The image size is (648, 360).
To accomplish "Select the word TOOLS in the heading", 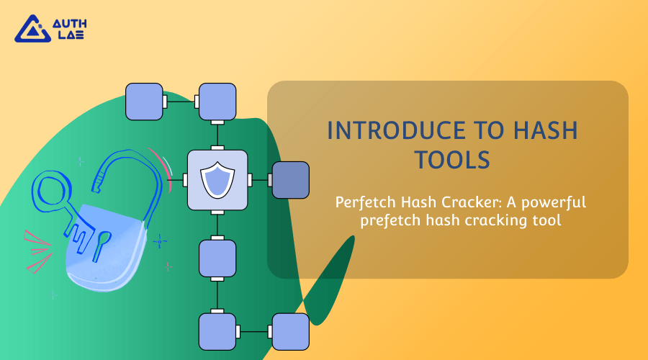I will (447, 160).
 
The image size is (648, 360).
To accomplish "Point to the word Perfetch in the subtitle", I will (363, 202).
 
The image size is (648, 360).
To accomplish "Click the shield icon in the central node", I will (217, 180).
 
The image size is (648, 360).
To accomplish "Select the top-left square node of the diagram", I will (144, 102).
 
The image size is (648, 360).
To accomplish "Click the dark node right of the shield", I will (290, 180).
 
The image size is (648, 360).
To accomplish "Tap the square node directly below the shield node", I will (217, 258).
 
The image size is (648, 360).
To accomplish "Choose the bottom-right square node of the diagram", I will (290, 332).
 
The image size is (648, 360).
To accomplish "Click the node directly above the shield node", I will (217, 102).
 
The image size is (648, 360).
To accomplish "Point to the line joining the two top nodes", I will (181, 102).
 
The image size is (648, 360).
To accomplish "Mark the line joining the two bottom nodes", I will (253, 332).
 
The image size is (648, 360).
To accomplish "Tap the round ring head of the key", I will (51, 191).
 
